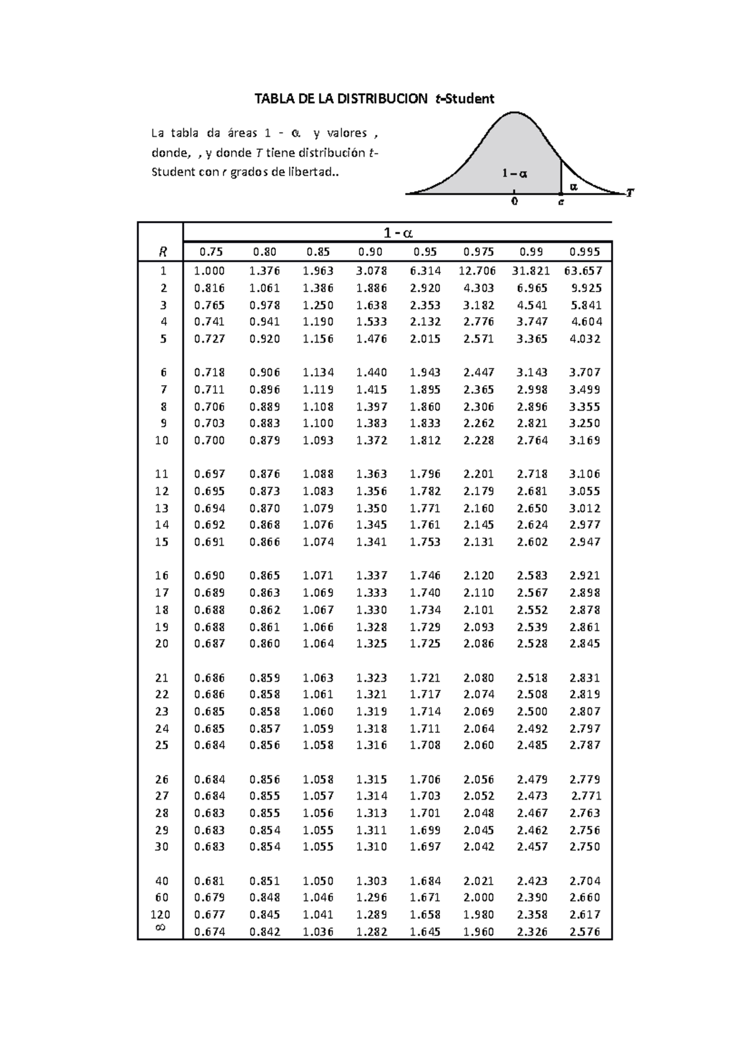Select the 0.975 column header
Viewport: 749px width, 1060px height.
coord(478,252)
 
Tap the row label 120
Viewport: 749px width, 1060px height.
coord(161,915)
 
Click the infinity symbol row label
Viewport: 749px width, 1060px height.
coord(160,928)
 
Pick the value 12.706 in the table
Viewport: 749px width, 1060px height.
coord(477,271)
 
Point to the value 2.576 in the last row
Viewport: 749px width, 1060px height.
coord(585,932)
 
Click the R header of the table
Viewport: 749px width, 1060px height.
coord(162,252)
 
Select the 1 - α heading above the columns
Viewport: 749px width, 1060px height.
coord(398,233)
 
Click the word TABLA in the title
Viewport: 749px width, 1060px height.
coord(273,99)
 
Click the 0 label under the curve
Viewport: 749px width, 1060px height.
coord(514,202)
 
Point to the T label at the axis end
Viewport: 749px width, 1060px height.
coord(630,194)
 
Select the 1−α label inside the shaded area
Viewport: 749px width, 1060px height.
coord(515,174)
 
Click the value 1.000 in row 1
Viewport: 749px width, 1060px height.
coord(209,271)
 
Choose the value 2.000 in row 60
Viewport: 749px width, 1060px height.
coord(478,898)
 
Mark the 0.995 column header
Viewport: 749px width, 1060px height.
coord(585,252)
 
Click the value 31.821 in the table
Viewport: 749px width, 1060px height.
coord(531,271)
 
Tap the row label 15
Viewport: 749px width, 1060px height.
coord(162,542)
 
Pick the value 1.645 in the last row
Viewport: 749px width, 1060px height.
coord(425,932)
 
